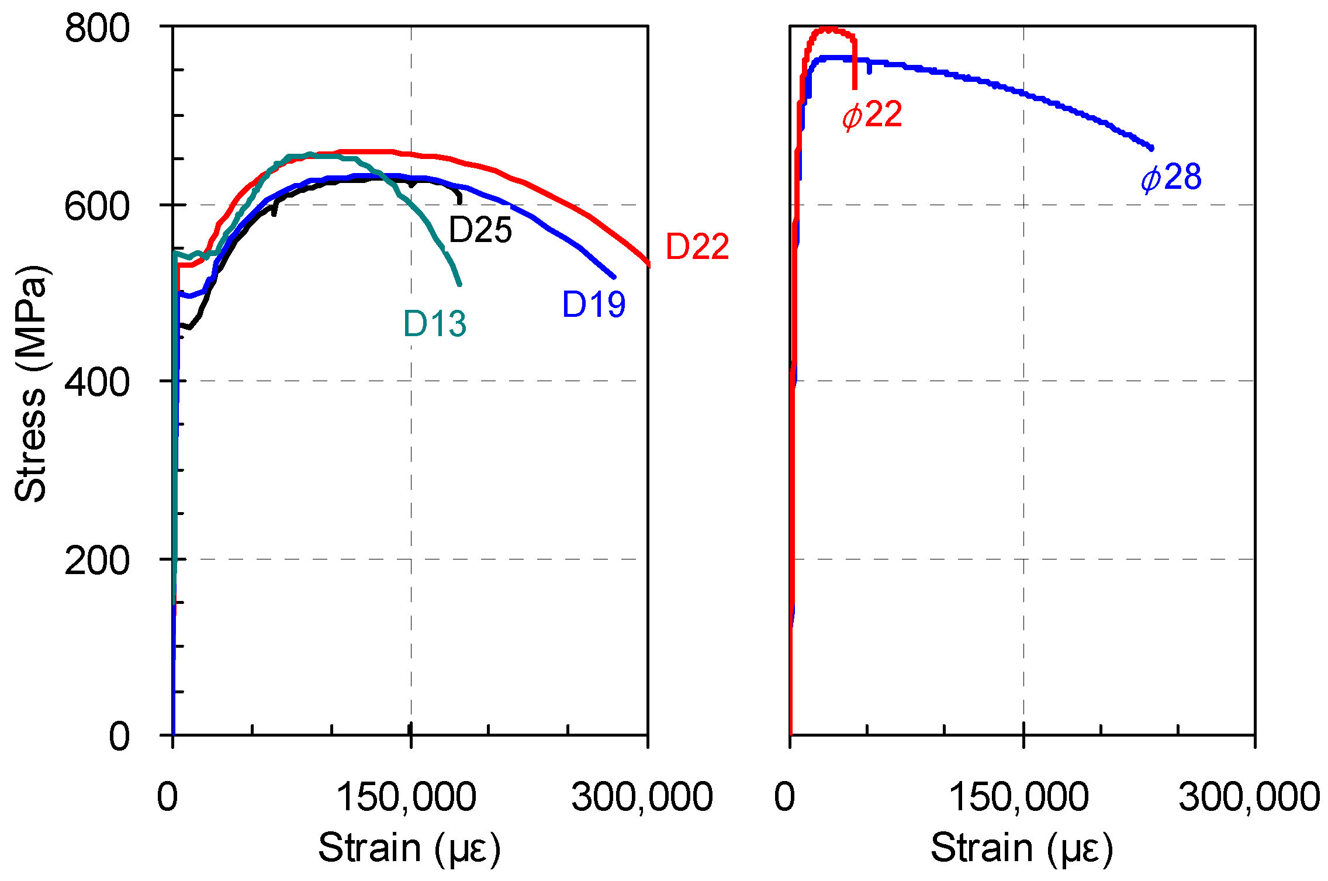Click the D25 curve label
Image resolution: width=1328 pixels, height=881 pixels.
coord(480,230)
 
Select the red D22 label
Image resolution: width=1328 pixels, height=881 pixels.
coord(697,246)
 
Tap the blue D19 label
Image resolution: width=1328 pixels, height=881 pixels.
coord(593,304)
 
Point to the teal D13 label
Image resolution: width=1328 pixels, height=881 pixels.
coord(435,323)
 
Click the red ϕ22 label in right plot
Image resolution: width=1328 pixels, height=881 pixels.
coord(872,115)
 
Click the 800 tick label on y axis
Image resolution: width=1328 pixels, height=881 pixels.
coord(97,28)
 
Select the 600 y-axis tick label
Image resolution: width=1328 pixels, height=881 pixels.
coord(97,206)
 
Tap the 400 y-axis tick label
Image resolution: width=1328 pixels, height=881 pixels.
coord(97,382)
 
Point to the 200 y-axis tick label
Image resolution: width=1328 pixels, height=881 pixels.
coord(97,560)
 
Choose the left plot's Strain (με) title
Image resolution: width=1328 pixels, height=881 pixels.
coord(409,848)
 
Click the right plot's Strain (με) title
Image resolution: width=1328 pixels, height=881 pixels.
coord(1022,848)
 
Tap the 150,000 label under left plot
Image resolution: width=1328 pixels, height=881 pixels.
coord(406,796)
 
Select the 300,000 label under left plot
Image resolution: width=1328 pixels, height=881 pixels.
coord(642,796)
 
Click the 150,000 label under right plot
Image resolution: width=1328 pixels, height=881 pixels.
coord(1018,796)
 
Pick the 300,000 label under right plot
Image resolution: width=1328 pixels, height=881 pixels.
coord(1249,796)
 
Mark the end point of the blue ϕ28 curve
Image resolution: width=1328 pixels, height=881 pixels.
coord(1151,149)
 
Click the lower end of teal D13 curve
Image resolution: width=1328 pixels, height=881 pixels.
coord(459,284)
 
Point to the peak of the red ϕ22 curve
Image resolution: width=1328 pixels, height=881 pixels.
coord(829,29)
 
